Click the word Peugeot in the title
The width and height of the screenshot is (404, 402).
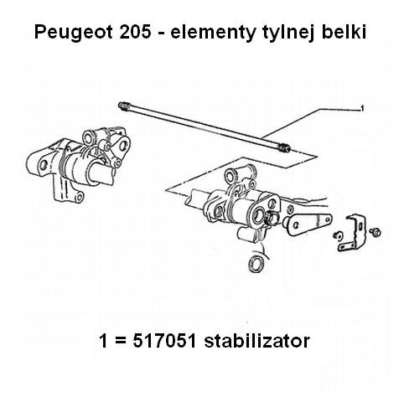tap(74, 33)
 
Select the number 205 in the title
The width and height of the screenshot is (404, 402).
tap(135, 32)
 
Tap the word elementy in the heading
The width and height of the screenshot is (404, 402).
tap(213, 33)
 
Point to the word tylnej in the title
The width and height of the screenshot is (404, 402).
tap(288, 33)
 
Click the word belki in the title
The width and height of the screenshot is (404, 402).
tap(344, 32)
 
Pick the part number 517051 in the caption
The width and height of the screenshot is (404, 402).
tap(164, 341)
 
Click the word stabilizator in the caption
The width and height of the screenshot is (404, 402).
tap(256, 341)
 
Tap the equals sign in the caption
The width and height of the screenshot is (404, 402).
tap(120, 341)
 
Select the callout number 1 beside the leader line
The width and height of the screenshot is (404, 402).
tap(362, 108)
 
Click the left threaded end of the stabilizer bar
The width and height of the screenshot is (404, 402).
tap(123, 106)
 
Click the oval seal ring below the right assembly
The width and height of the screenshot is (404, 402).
tap(256, 263)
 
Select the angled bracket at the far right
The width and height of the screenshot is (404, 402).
tap(353, 232)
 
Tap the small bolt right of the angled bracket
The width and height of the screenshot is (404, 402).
tap(375, 231)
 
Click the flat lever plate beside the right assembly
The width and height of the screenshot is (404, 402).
tap(308, 223)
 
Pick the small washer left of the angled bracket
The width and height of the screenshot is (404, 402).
tap(338, 235)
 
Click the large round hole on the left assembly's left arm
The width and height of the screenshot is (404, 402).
tap(43, 165)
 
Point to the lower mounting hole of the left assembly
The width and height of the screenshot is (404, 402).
tap(79, 198)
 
